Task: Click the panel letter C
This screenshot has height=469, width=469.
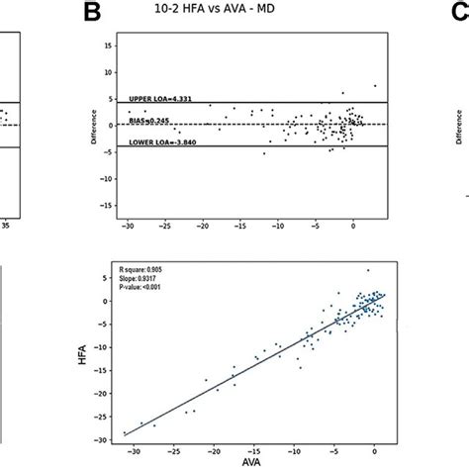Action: [458, 12]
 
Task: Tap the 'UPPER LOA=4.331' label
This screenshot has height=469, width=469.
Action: [163, 99]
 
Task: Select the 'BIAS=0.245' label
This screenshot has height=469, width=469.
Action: [151, 122]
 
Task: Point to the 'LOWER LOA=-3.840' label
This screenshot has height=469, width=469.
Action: [166, 143]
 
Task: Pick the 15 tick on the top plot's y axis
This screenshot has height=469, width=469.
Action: [105, 46]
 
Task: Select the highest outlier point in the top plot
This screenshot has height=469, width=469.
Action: [375, 85]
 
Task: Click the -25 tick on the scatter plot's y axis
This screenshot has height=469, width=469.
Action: [104, 411]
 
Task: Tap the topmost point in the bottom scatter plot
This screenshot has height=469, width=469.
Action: [368, 269]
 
